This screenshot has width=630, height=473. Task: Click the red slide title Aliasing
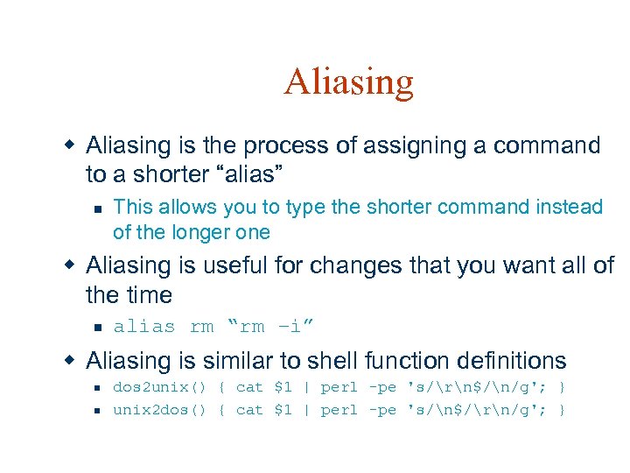click(348, 82)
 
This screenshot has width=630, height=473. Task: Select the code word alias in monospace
click(144, 327)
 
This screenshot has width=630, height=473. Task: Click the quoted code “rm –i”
click(270, 327)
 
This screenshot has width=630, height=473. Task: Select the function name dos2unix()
click(159, 387)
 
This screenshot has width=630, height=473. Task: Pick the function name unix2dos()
click(159, 410)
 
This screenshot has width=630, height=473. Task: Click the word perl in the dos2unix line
click(339, 387)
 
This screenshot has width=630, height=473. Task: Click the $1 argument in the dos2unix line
click(283, 387)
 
